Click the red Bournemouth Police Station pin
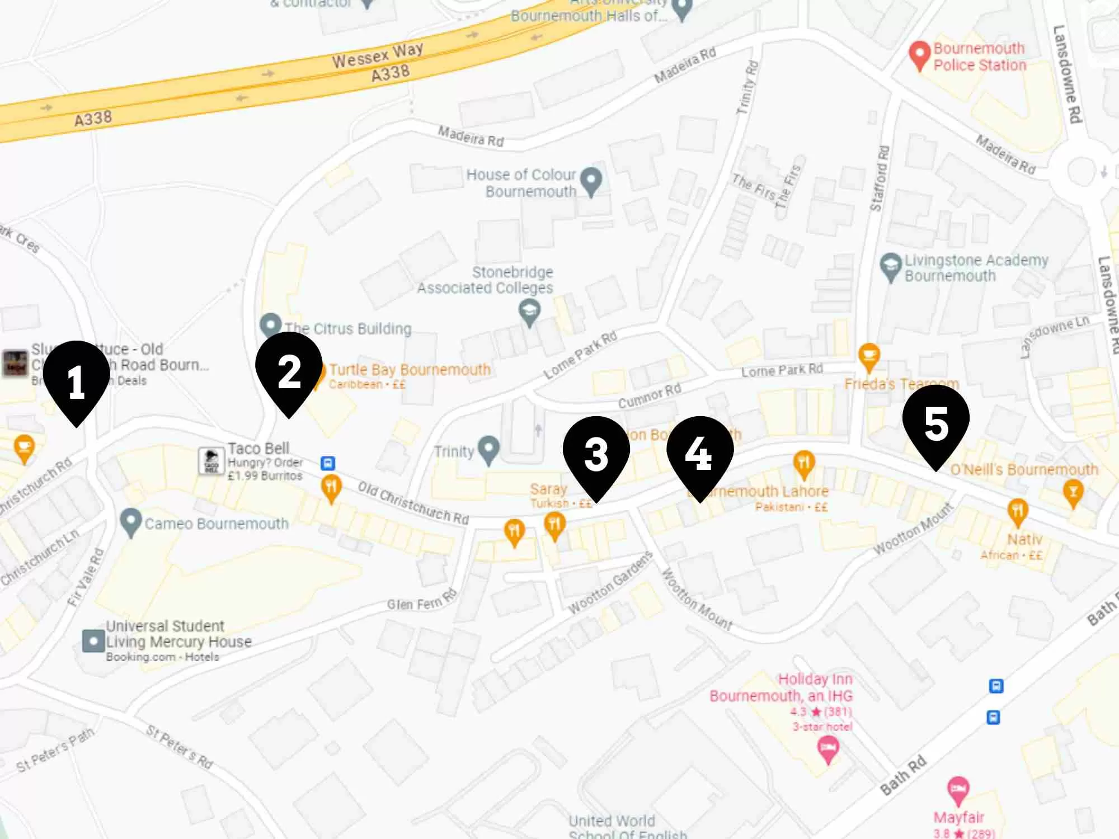point(919,55)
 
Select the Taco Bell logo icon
point(211,461)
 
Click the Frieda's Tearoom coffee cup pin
point(869,356)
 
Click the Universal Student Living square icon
point(93,641)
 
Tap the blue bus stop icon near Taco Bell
point(328,463)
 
